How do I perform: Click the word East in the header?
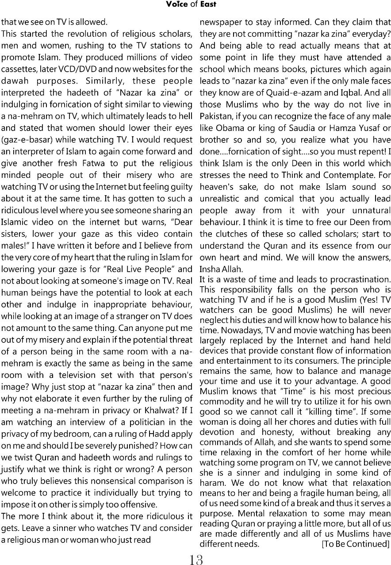coord(207,4)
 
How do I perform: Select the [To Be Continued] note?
coord(356,544)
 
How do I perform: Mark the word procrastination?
coord(357,279)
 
